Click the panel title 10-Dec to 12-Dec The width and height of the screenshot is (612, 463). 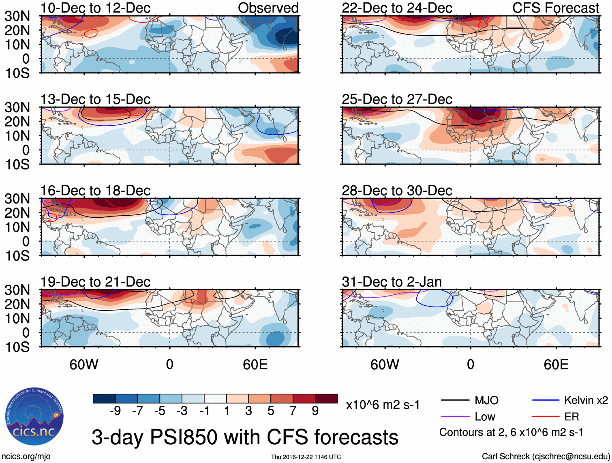95,8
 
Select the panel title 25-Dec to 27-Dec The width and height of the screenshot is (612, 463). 397,99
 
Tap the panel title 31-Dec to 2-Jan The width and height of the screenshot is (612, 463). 392,282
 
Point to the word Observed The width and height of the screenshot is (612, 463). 268,8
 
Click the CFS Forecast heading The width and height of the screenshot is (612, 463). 555,8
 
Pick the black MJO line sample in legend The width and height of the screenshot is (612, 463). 455,401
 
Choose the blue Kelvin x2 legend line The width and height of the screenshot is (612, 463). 546,401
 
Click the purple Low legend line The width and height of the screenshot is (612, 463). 455,416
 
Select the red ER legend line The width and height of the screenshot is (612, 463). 546,416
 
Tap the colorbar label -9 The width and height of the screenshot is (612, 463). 115,411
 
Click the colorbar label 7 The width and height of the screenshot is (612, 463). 293,411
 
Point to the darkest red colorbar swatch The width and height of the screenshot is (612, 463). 326,399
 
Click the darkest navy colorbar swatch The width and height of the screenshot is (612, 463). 104,399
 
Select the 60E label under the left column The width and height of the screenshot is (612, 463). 255,364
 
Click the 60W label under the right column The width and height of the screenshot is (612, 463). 385,364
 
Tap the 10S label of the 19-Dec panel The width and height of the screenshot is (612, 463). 17,347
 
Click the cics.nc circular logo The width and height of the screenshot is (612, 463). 34,417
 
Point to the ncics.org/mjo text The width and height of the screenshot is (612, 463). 26,457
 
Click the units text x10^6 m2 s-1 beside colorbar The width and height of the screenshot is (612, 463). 383,405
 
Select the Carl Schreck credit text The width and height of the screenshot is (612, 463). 546,457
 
